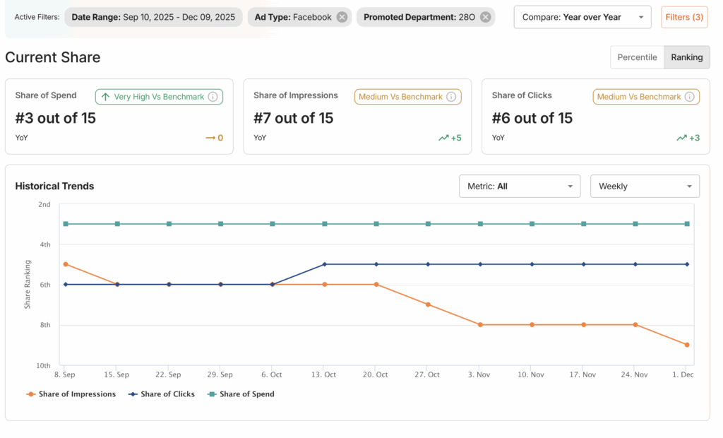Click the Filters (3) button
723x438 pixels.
click(x=684, y=17)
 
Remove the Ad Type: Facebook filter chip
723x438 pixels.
click(x=342, y=17)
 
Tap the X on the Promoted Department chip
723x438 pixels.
click(x=485, y=17)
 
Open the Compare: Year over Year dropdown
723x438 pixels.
click(x=582, y=17)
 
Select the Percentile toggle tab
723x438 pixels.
click(x=637, y=57)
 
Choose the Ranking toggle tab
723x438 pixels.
click(x=687, y=57)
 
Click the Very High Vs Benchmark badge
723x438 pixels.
click(x=159, y=97)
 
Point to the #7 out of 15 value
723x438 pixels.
click(x=293, y=118)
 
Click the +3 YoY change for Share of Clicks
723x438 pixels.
click(x=689, y=138)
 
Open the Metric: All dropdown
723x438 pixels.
click(x=519, y=187)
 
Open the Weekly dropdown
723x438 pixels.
click(x=645, y=187)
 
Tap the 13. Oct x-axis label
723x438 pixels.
click(x=324, y=374)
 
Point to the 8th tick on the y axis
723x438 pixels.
click(x=44, y=325)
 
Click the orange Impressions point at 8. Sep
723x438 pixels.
click(x=66, y=264)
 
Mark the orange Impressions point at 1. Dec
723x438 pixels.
click(x=687, y=345)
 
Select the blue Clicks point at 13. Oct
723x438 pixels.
click(x=325, y=264)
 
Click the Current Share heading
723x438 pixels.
click(x=53, y=57)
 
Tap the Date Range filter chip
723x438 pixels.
click(x=153, y=17)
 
